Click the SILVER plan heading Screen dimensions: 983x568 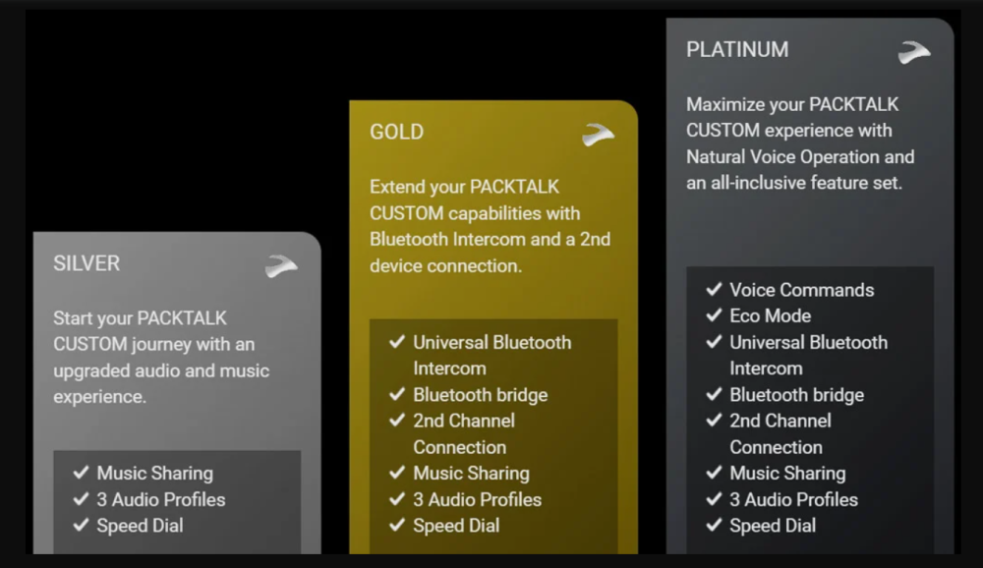tap(87, 263)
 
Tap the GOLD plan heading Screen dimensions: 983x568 tap(397, 132)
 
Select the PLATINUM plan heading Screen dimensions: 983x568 tap(737, 49)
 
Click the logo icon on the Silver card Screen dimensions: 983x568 tap(281, 265)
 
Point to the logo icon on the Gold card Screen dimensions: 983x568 tap(598, 135)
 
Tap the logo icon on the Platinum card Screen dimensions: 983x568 tap(914, 52)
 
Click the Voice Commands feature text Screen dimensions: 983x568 tap(802, 290)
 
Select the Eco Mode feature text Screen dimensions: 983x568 tap(771, 316)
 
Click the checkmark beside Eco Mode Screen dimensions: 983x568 tap(714, 314)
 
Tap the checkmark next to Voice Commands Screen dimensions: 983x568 tap(714, 289)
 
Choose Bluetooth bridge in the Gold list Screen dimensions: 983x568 tap(481, 395)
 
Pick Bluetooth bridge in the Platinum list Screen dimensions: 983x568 tap(797, 395)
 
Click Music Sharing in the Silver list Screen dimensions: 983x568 tap(155, 474)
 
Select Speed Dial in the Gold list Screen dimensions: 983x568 tap(456, 526)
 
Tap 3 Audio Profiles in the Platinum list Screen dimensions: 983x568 tap(793, 499)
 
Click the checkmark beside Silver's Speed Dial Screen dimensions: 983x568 tap(81, 524)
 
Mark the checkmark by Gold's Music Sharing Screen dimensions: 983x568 tap(397, 472)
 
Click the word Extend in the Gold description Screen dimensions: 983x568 tap(399, 187)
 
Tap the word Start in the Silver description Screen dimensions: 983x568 tap(74, 317)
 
